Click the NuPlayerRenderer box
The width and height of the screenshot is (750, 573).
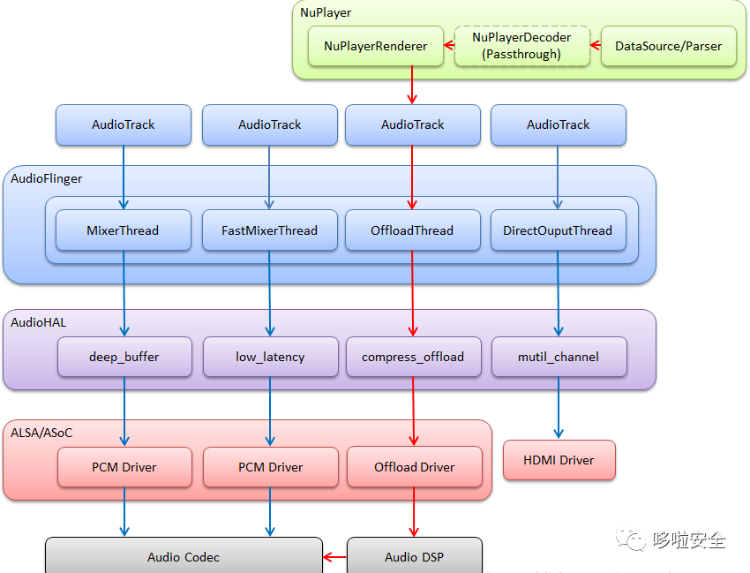click(x=375, y=46)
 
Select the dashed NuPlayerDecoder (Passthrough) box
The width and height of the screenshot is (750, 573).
click(x=521, y=46)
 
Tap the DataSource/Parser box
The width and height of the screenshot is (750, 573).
click(x=668, y=46)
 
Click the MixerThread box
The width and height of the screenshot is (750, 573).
click(x=124, y=230)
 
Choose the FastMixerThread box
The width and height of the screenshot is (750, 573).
click(x=270, y=230)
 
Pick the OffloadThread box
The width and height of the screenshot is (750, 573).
click(x=412, y=230)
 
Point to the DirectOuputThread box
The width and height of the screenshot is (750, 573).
click(x=558, y=230)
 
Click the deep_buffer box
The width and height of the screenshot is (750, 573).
click(x=124, y=357)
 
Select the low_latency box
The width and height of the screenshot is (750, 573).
click(x=270, y=357)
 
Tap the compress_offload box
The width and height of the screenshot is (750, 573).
click(x=413, y=357)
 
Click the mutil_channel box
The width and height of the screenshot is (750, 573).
click(x=559, y=357)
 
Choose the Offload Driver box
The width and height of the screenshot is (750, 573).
click(x=414, y=467)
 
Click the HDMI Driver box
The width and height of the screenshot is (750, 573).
click(x=559, y=460)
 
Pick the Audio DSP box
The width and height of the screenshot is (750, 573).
click(x=414, y=556)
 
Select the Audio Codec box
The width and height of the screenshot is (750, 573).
click(x=184, y=556)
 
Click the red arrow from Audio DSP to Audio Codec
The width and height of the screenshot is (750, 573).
click(x=334, y=557)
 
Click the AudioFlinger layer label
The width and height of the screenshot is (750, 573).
click(x=47, y=178)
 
